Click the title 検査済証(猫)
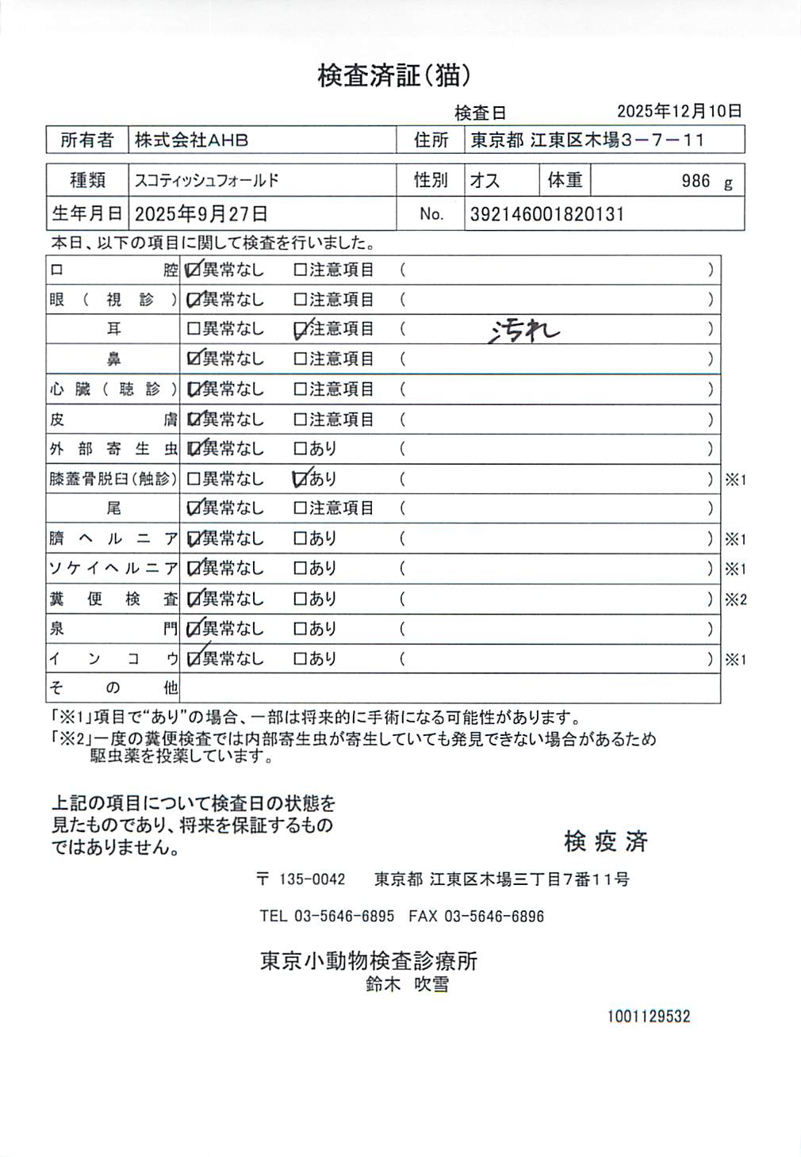394,76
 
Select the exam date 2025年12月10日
679,111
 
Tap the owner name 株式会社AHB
191,140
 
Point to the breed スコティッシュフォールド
207,181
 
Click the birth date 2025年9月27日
201,214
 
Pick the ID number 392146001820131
547,214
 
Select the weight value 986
696,181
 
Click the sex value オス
485,181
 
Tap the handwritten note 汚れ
524,330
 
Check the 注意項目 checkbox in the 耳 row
301,329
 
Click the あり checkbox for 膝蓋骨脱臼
301,479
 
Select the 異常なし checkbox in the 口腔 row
193,270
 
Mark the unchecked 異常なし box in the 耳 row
193,329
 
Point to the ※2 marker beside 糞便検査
735,600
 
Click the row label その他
113,688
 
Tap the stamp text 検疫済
605,841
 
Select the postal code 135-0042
312,879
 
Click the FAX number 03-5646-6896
493,917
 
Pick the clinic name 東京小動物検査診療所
369,961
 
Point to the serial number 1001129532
649,1017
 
